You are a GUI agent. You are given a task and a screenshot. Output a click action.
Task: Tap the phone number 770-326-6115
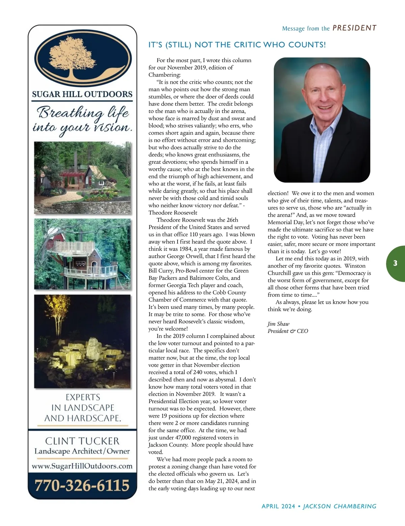pyautogui.click(x=82, y=485)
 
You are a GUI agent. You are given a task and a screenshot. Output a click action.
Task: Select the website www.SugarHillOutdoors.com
pyautogui.click(x=82, y=466)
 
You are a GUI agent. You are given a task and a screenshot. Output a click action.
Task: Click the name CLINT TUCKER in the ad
pyautogui.click(x=82, y=441)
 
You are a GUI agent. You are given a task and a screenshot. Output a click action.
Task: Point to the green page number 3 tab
pyautogui.click(x=395, y=263)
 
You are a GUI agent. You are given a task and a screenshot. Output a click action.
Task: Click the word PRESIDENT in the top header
pyautogui.click(x=354, y=28)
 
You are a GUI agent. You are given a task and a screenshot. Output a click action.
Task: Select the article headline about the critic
pyautogui.click(x=237, y=45)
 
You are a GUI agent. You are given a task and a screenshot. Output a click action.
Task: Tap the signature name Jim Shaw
pyautogui.click(x=278, y=324)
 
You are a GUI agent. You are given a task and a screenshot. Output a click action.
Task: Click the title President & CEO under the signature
pyautogui.click(x=288, y=331)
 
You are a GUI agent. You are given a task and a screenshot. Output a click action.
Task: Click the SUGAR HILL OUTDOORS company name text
pyautogui.click(x=82, y=94)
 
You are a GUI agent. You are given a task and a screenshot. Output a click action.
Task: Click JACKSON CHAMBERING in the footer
pyautogui.click(x=340, y=506)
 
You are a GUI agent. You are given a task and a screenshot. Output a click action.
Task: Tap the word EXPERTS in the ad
pyautogui.click(x=83, y=397)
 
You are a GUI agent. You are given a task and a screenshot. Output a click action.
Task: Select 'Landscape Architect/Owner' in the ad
pyautogui.click(x=82, y=451)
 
